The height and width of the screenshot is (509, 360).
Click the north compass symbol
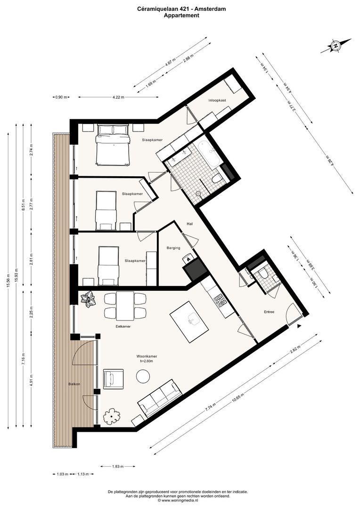click(x=335, y=46)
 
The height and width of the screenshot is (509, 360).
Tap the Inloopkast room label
click(x=217, y=100)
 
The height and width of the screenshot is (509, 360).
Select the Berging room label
click(x=173, y=248)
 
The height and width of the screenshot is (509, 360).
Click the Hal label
click(x=190, y=224)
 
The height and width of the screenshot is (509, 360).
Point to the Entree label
click(x=269, y=312)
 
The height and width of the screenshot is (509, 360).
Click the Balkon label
click(x=74, y=384)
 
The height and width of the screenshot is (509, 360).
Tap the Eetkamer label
click(x=123, y=326)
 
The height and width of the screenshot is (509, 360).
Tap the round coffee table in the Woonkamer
click(x=143, y=377)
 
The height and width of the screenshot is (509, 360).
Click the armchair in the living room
click(x=113, y=379)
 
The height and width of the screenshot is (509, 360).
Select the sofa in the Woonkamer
click(x=159, y=399)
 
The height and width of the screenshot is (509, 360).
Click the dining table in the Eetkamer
click(x=125, y=305)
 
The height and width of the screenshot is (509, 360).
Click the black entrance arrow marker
click(x=299, y=326)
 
